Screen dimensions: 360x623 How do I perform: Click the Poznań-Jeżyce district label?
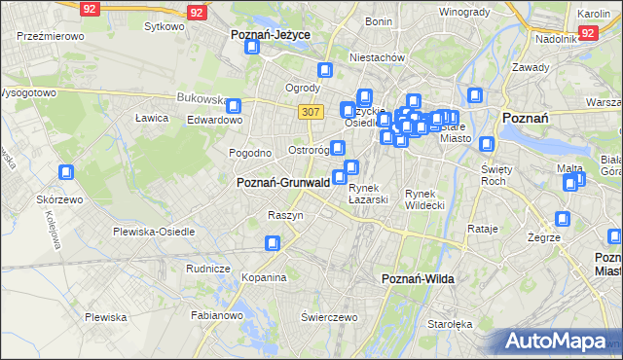270,34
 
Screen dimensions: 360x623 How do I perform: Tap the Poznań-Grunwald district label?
283,182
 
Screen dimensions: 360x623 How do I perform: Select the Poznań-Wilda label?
419,279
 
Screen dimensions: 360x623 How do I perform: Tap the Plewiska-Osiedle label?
154,232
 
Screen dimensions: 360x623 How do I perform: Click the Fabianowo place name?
216,314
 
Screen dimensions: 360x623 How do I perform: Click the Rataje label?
482,229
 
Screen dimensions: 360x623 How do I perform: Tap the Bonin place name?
379,21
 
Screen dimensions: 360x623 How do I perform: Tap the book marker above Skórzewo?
66,173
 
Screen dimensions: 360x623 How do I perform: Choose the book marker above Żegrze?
562,220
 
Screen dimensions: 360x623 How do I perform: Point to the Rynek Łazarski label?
369,194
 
